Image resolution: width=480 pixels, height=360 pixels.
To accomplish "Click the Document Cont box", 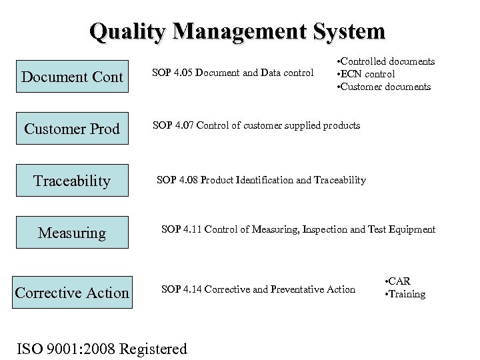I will [72, 77].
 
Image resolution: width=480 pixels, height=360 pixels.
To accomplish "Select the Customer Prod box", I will [72, 129].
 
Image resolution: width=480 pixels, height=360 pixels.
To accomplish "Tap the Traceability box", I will [72, 181].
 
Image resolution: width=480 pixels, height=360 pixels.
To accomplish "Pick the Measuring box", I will [72, 233].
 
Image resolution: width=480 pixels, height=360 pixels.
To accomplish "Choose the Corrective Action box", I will [72, 292].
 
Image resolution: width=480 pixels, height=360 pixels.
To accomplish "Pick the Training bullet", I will [405, 294].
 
